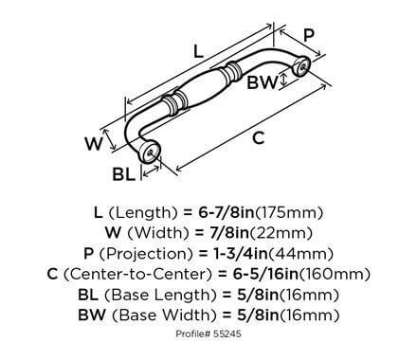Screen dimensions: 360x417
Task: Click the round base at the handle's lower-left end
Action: coord(153,151)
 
